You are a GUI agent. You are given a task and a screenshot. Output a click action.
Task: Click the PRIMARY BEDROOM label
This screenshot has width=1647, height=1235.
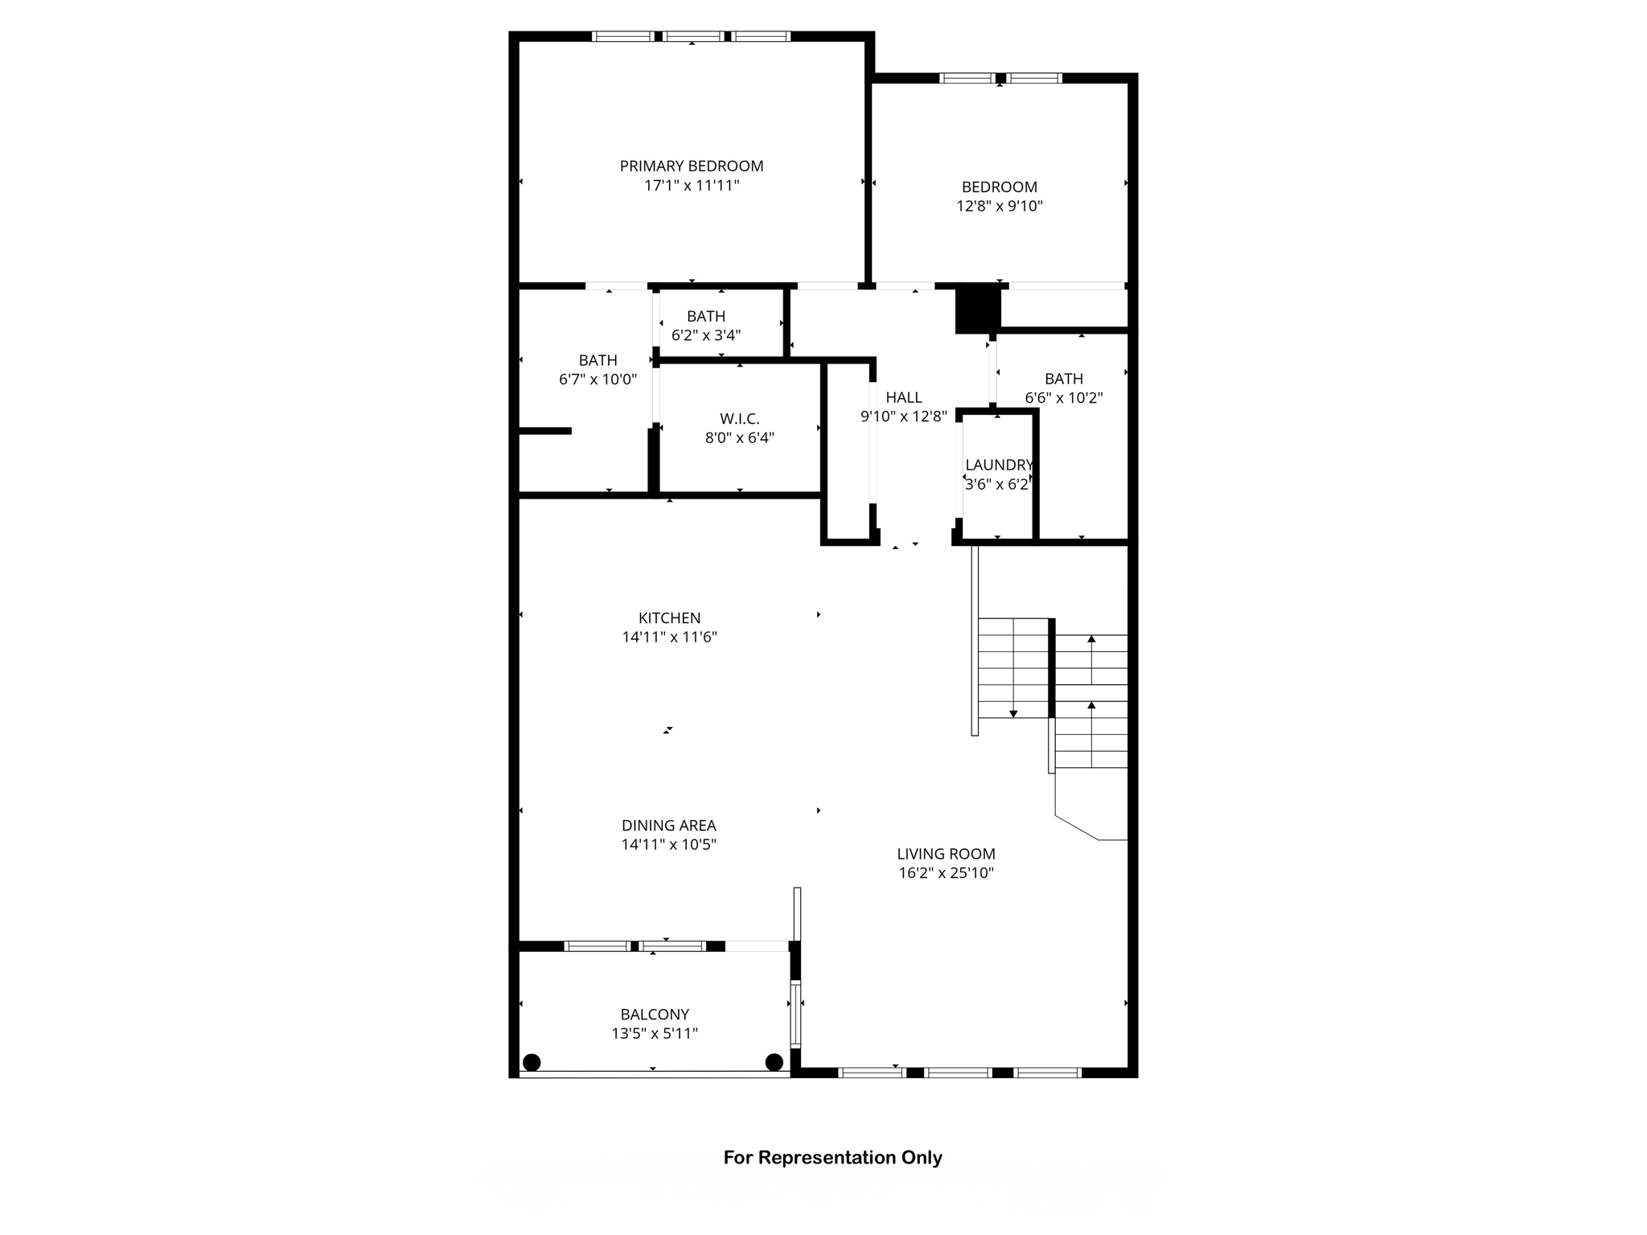pyautogui.click(x=691, y=166)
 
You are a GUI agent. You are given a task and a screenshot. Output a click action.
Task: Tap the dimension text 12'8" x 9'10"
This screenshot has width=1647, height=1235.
pyautogui.click(x=999, y=206)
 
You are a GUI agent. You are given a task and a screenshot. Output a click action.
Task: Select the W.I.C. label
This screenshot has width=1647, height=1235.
pyautogui.click(x=739, y=419)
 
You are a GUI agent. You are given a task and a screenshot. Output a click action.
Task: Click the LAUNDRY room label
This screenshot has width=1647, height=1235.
pyautogui.click(x=998, y=465)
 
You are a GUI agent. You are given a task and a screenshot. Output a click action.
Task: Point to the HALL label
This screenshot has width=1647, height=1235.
pyautogui.click(x=904, y=397)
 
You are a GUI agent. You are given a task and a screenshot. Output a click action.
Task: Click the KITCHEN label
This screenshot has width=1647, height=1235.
pyautogui.click(x=669, y=617)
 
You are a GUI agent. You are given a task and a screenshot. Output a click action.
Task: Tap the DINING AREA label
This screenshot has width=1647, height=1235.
pyautogui.click(x=668, y=825)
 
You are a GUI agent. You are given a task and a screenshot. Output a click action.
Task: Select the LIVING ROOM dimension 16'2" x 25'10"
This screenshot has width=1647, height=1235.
pyautogui.click(x=946, y=873)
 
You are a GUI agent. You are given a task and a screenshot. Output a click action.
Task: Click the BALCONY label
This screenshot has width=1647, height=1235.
pyautogui.click(x=654, y=1015)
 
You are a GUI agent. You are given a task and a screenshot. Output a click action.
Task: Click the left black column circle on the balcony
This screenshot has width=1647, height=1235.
pyautogui.click(x=531, y=1062)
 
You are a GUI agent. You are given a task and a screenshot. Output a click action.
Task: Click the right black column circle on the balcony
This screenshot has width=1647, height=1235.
pyautogui.click(x=774, y=1062)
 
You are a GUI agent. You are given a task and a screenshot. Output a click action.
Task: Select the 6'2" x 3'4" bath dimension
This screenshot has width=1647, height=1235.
pyautogui.click(x=705, y=335)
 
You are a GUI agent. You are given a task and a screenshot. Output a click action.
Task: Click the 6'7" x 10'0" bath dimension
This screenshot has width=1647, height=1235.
pyautogui.click(x=598, y=380)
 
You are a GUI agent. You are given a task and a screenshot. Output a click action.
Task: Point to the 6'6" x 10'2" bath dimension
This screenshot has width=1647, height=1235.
pyautogui.click(x=1063, y=398)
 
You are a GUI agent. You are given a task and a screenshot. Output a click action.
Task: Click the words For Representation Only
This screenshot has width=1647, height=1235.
pyautogui.click(x=832, y=1158)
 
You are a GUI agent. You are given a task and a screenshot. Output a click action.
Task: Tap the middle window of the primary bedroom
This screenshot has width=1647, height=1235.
pyautogui.click(x=693, y=36)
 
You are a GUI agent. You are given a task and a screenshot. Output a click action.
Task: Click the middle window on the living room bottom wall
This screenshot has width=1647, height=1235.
pyautogui.click(x=957, y=1072)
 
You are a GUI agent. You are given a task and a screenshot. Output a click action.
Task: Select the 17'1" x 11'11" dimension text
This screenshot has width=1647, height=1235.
pyautogui.click(x=691, y=186)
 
